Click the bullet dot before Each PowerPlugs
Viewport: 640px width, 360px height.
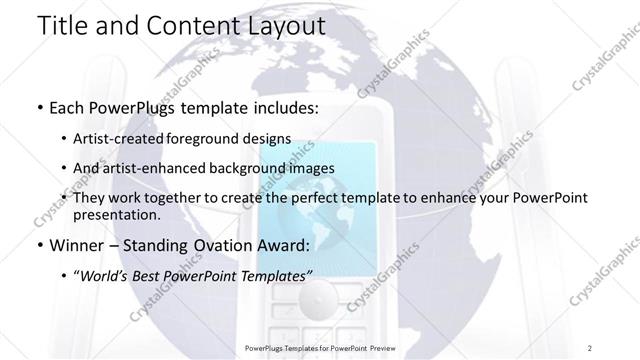pos(39,105)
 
